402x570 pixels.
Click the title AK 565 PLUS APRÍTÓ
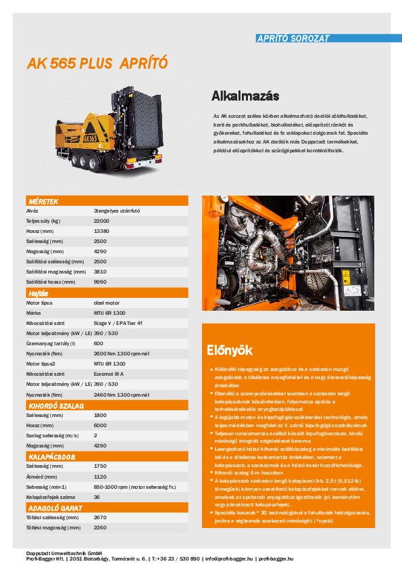click(x=97, y=64)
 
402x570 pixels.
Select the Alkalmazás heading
click(x=245, y=95)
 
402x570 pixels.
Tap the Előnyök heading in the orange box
click(x=229, y=350)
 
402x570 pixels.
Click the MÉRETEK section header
click(x=43, y=202)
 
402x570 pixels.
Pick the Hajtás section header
click(x=38, y=293)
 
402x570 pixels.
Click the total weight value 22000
click(x=101, y=221)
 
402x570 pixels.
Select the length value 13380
click(x=101, y=231)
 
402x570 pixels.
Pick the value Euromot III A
click(x=114, y=374)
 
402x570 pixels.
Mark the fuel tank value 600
click(x=99, y=344)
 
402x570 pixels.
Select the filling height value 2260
click(x=100, y=527)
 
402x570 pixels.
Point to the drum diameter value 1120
click(x=100, y=477)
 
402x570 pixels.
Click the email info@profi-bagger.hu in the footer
click(x=229, y=559)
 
